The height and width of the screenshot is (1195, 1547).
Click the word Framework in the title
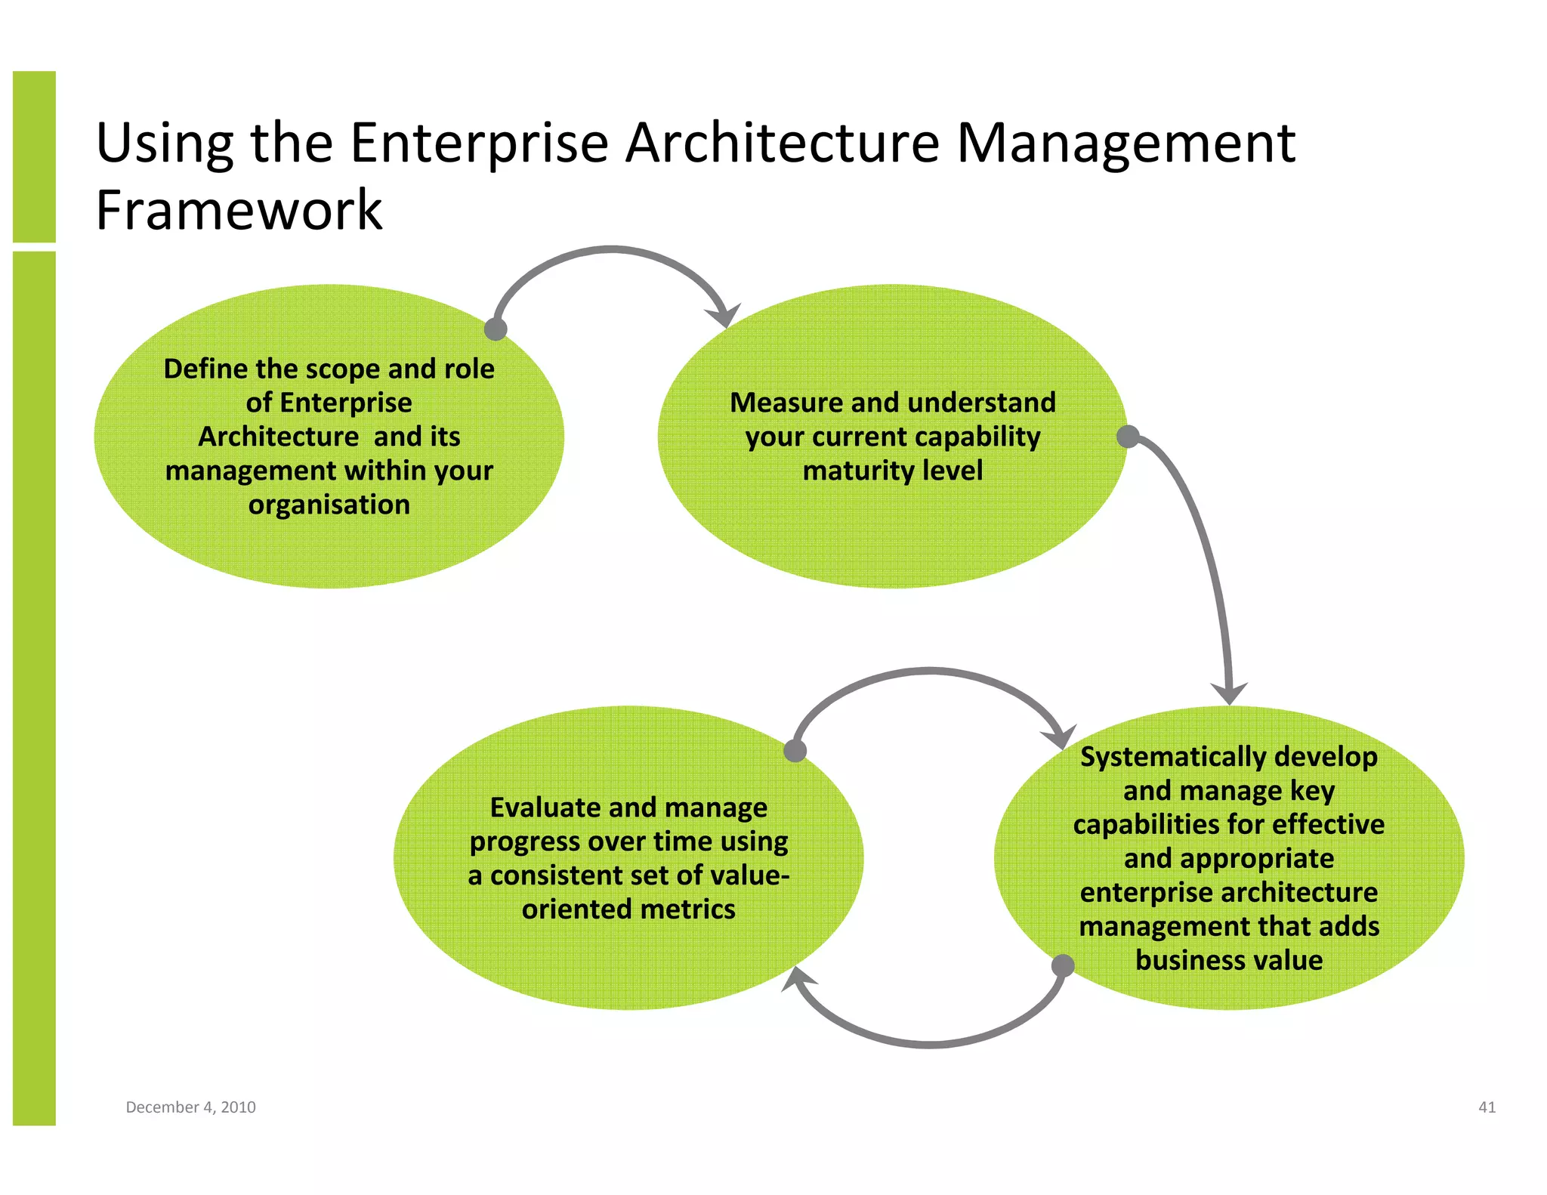(239, 210)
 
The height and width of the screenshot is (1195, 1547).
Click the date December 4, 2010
(190, 1107)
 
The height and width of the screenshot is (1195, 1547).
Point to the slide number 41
(1487, 1107)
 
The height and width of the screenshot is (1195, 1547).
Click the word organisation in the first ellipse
(329, 505)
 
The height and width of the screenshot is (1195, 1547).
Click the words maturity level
(892, 471)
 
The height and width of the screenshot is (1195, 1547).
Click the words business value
(1229, 960)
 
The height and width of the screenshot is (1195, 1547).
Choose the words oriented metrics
(628, 909)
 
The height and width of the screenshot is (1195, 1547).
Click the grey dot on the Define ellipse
(496, 329)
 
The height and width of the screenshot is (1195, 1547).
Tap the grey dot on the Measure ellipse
(1128, 437)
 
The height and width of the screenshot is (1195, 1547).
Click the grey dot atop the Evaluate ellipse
(795, 750)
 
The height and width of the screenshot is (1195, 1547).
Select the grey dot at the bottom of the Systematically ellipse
(1063, 965)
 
